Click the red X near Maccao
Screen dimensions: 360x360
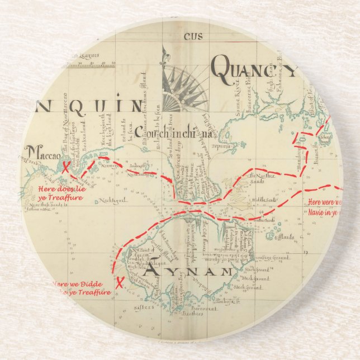pos(66,167)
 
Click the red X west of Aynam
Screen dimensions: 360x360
pos(119,281)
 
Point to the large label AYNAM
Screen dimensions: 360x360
pos(188,272)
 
